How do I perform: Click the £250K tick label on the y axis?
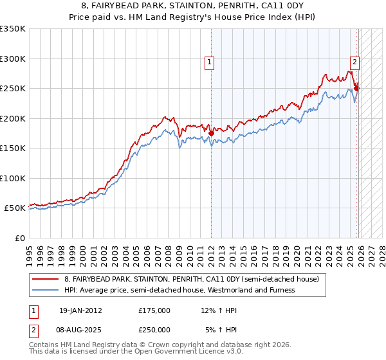coord(12,88)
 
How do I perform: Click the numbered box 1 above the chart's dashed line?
coord(210,62)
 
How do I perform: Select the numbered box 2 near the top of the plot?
coord(354,62)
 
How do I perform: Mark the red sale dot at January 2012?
coord(211,133)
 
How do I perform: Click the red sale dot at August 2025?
coord(357,88)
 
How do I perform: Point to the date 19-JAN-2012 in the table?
coord(80,310)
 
